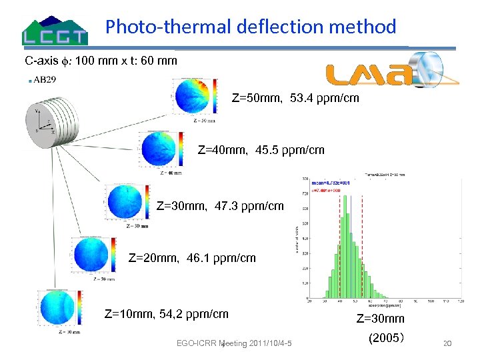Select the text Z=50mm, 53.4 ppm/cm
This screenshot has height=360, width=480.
coord(295,99)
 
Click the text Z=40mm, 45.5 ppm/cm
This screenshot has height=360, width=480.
coord(261,150)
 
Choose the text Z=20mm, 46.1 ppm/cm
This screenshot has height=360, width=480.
coord(191,257)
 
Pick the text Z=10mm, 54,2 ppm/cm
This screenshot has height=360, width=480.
coord(167,314)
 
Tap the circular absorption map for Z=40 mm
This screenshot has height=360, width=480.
coord(159,149)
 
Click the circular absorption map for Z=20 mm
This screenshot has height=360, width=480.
coord(91,254)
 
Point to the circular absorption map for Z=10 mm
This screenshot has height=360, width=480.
coord(57,307)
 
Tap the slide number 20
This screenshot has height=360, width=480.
coord(447,343)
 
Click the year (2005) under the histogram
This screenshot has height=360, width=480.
coord(385,338)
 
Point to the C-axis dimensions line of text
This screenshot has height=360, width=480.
coord(101,61)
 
